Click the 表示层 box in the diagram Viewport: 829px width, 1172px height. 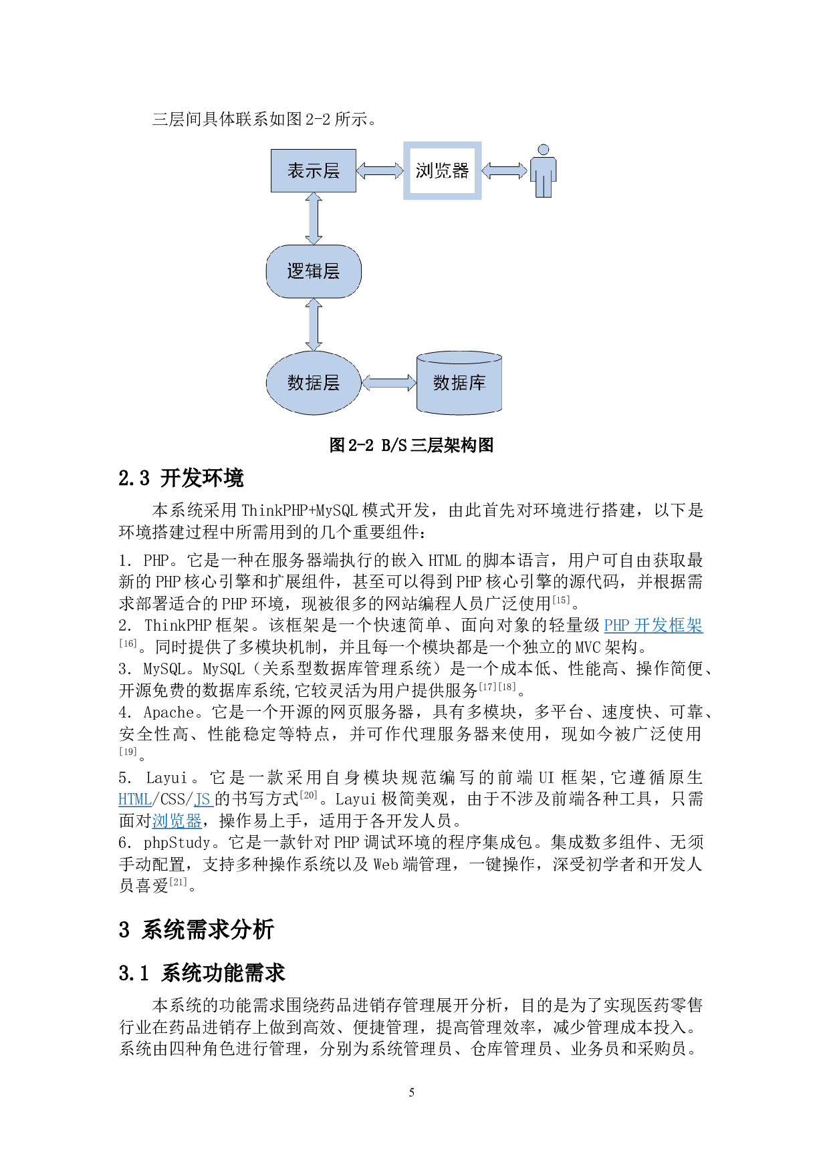[x=313, y=171]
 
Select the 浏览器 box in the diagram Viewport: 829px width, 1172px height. [x=442, y=171]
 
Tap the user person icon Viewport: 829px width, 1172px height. [x=544, y=172]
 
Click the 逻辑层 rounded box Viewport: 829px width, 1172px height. [x=313, y=271]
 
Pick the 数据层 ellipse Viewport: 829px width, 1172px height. [x=313, y=383]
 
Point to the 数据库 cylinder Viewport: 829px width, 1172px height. [x=459, y=383]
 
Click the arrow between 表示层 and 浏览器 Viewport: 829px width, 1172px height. [x=379, y=171]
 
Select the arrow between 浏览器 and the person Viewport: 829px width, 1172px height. [x=504, y=171]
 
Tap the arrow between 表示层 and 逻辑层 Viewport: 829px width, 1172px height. [x=313, y=218]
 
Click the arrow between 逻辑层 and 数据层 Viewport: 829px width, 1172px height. [x=313, y=325]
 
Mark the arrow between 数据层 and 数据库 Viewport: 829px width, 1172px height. [x=388, y=383]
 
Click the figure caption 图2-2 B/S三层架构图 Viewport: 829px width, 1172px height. [x=411, y=446]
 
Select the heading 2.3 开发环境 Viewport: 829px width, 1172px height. [x=181, y=478]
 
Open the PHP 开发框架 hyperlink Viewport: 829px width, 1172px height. [x=653, y=625]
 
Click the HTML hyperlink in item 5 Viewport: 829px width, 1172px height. [x=134, y=799]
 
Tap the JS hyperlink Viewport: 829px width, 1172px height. [x=202, y=799]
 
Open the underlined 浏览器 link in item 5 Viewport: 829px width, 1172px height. [x=176, y=821]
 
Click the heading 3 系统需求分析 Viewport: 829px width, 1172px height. [x=197, y=929]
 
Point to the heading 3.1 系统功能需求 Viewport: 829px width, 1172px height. [x=202, y=973]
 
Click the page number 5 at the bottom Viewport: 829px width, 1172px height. [x=411, y=1092]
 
